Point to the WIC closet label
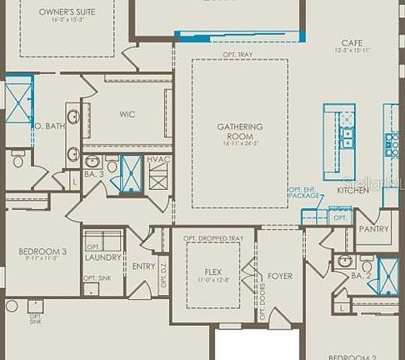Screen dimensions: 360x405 [x=127, y=114]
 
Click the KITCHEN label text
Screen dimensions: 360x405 [x=352, y=191]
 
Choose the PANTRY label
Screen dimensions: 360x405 [x=374, y=228]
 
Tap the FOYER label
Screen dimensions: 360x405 [x=280, y=276]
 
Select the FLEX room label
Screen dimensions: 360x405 [x=212, y=272]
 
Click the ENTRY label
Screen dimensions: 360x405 [x=144, y=267]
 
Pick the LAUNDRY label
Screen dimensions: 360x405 [x=103, y=257]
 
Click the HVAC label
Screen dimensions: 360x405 [x=157, y=159]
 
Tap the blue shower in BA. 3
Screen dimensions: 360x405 [x=131, y=173]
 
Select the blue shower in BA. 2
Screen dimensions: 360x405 [x=387, y=277]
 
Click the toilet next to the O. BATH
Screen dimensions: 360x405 [x=18, y=158]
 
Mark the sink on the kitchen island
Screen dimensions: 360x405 [x=346, y=137]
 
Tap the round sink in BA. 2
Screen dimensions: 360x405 [x=343, y=261]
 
